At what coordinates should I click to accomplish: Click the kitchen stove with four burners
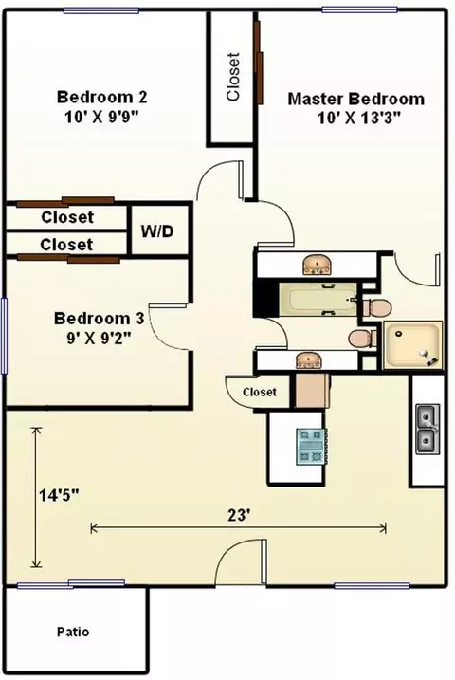(x=312, y=447)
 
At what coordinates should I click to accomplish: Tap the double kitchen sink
(x=428, y=429)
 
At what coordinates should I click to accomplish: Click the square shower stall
(x=413, y=345)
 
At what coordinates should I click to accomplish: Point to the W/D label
(x=156, y=231)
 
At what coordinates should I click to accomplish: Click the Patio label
(x=73, y=632)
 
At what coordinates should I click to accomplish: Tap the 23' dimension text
(x=239, y=515)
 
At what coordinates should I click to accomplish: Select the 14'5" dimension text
(x=60, y=495)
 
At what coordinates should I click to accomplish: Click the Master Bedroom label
(x=356, y=99)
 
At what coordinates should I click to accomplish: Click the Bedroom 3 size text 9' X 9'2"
(x=99, y=338)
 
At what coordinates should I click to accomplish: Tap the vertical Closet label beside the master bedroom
(x=232, y=77)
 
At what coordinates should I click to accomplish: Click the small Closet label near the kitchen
(x=260, y=392)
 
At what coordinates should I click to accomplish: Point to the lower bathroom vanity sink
(x=308, y=360)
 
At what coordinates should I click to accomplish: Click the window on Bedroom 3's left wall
(x=5, y=335)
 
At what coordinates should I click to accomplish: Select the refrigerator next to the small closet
(x=313, y=391)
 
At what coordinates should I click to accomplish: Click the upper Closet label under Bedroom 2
(x=67, y=217)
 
